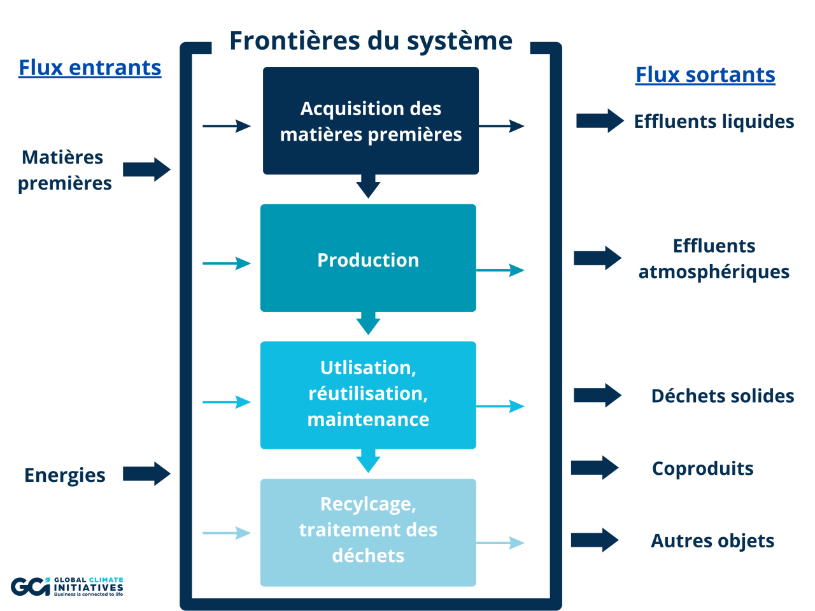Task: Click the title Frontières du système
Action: tap(371, 41)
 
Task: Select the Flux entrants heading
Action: tap(90, 67)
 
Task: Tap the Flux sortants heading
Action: tap(705, 74)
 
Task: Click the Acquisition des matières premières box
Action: tap(371, 121)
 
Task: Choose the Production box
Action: tap(368, 258)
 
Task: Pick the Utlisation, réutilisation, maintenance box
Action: tap(368, 395)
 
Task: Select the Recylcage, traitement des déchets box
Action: tap(368, 532)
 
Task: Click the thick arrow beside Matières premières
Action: tap(146, 169)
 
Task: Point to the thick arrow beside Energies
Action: tap(146, 474)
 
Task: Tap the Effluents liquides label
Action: tap(714, 122)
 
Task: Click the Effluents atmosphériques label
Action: tap(714, 259)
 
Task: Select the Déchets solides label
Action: tap(722, 396)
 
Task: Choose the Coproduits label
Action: tap(702, 468)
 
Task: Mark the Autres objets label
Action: tap(712, 541)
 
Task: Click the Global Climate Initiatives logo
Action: tap(67, 586)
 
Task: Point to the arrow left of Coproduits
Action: tap(595, 468)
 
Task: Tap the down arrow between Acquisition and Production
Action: tap(368, 186)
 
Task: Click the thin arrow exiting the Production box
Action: tap(500, 270)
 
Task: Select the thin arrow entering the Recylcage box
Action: tap(227, 533)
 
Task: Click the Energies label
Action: tap(65, 475)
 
